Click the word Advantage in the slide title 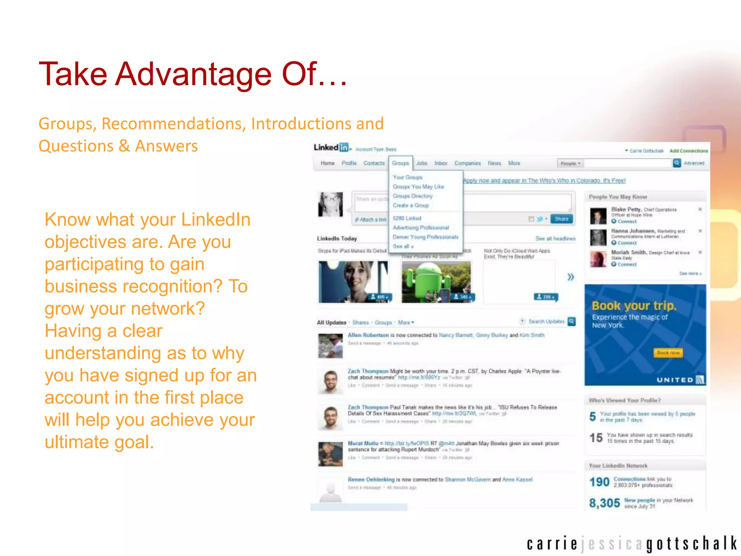pos(193,75)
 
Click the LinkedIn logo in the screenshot pos(331,147)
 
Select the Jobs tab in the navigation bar pos(422,163)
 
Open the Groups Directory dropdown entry pos(412,196)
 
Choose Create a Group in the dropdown pos(411,205)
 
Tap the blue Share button pos(561,219)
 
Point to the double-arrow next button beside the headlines pos(571,277)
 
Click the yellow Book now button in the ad pos(668,353)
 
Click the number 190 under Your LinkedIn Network pos(599,482)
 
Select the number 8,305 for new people pos(604,503)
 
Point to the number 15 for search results pos(596,438)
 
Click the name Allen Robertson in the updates pos(368,335)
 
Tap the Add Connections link pos(688,151)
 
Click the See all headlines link pos(555,239)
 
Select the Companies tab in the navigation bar pos(467,163)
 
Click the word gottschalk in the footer pos(691,544)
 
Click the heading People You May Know pos(618,197)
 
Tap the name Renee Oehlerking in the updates pos(371,480)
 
